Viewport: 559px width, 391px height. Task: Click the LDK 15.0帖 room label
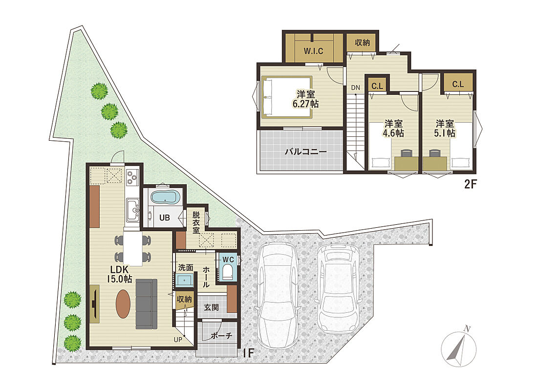120,274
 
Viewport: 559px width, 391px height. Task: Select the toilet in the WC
228,272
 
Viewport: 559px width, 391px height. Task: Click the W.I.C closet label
313,51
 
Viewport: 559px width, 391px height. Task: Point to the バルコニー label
305,152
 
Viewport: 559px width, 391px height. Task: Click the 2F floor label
470,184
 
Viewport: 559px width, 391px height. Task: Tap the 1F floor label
248,353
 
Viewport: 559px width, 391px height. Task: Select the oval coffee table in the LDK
123,304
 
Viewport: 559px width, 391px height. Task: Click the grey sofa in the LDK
146,304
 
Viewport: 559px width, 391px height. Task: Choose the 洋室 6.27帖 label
305,99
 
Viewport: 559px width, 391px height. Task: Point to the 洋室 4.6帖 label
393,129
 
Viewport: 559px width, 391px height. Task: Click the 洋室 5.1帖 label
445,129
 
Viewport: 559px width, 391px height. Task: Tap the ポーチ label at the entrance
221,335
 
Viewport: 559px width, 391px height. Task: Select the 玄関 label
211,307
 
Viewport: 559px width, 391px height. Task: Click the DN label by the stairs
355,87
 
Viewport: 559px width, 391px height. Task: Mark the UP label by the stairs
178,340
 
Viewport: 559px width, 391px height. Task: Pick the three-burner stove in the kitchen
132,177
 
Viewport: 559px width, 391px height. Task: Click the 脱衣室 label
196,223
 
